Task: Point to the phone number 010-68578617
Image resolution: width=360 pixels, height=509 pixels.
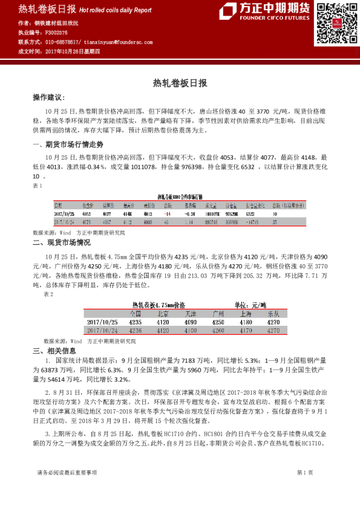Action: pyautogui.click(x=63, y=42)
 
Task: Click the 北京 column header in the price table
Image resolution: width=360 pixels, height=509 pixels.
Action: pyautogui.click(x=163, y=314)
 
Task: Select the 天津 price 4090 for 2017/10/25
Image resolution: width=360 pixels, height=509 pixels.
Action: pyautogui.click(x=190, y=323)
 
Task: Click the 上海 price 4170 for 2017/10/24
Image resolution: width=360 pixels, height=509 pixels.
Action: pyautogui.click(x=246, y=331)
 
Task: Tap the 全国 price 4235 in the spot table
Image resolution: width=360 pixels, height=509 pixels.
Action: pyautogui.click(x=135, y=323)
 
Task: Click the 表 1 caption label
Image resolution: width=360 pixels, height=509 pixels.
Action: pyautogui.click(x=37, y=186)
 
